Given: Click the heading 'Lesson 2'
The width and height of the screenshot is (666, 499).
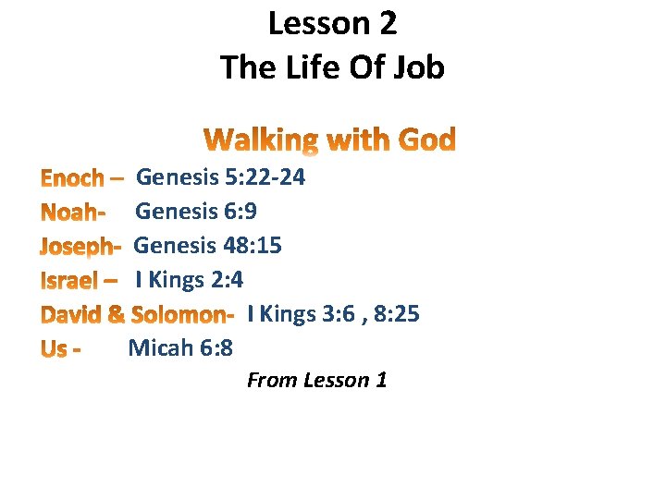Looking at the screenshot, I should click(x=332, y=24).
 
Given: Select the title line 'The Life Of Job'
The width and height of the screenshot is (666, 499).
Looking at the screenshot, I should click(x=332, y=67).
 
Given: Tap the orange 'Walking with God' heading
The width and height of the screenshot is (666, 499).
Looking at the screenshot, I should click(x=330, y=140).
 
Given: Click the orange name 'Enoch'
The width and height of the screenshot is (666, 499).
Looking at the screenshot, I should click(x=74, y=177).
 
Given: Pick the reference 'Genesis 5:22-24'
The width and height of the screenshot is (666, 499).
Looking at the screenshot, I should click(x=220, y=176).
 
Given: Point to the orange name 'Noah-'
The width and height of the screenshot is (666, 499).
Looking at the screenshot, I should click(x=73, y=212).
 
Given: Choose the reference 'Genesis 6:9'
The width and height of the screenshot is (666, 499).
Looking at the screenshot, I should click(x=196, y=212).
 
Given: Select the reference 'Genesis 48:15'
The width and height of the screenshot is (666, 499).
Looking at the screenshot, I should click(x=208, y=246).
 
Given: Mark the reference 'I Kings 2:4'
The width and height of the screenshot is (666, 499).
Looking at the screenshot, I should click(x=189, y=280).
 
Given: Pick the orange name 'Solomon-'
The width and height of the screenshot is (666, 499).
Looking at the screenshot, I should click(x=182, y=315).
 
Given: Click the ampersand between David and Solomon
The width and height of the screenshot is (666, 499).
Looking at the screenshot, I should click(x=117, y=315).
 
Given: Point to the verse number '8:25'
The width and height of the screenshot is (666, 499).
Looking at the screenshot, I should click(x=397, y=314).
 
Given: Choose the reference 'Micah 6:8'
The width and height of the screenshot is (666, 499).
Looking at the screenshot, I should click(x=180, y=348).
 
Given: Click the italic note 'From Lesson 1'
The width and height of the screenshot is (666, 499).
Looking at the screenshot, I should click(x=316, y=380).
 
